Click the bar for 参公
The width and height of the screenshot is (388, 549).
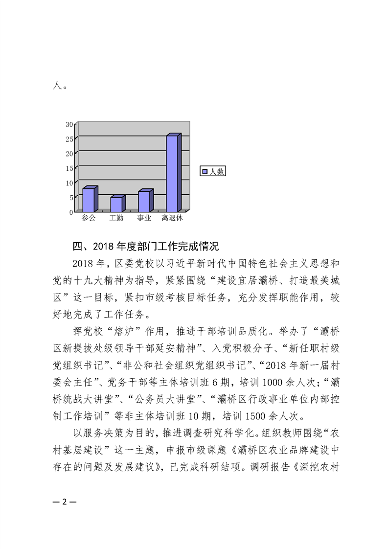pyautogui.click(x=89, y=200)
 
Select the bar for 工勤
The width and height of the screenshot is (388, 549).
pyautogui.click(x=116, y=205)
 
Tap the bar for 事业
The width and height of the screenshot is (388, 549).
pyautogui.click(x=144, y=202)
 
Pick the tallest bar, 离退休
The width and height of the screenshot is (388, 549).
pyautogui.click(x=172, y=174)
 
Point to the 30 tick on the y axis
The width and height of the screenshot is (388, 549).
pyautogui.click(x=69, y=124)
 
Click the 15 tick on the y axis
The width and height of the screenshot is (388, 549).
pyautogui.click(x=69, y=168)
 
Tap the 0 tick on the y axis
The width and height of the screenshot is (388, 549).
pyautogui.click(x=71, y=212)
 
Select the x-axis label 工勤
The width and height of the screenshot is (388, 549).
pyautogui.click(x=116, y=218)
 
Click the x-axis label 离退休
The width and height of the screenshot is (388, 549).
pyautogui.click(x=172, y=218)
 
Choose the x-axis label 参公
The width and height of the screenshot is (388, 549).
pyautogui.click(x=89, y=218)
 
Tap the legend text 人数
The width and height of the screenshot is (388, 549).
pyautogui.click(x=216, y=171)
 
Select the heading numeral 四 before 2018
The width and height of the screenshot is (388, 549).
pyautogui.click(x=77, y=245)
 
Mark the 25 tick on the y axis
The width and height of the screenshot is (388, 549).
pyautogui.click(x=69, y=138)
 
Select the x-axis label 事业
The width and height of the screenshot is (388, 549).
pyautogui.click(x=144, y=218)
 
